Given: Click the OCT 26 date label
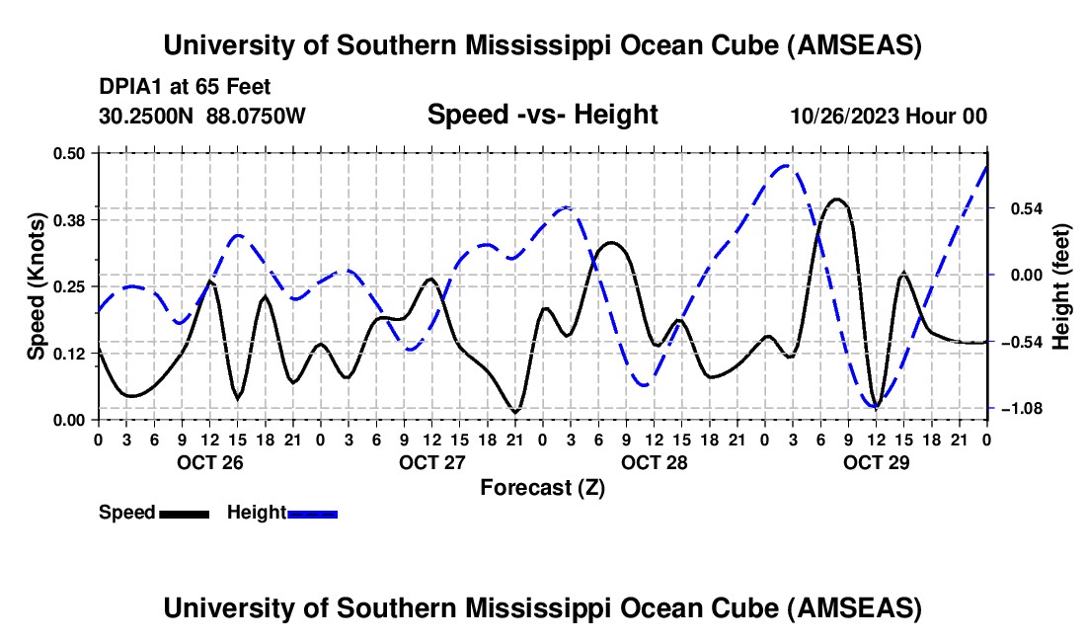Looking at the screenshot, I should [x=209, y=462].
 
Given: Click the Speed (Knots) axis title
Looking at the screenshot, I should [x=37, y=285].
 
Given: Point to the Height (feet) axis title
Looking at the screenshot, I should [x=1061, y=285].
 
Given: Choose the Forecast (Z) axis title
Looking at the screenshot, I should [x=542, y=487].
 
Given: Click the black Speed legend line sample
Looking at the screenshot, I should [x=184, y=513].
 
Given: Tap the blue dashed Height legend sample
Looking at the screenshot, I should [x=312, y=513].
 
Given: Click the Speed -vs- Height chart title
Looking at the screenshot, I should [x=542, y=115].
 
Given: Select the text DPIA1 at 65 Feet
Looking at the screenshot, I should [x=185, y=87].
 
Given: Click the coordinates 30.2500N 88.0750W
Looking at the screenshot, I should [x=202, y=116].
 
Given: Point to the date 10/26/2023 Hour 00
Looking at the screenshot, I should [x=889, y=116].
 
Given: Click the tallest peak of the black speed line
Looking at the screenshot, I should [x=837, y=200].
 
